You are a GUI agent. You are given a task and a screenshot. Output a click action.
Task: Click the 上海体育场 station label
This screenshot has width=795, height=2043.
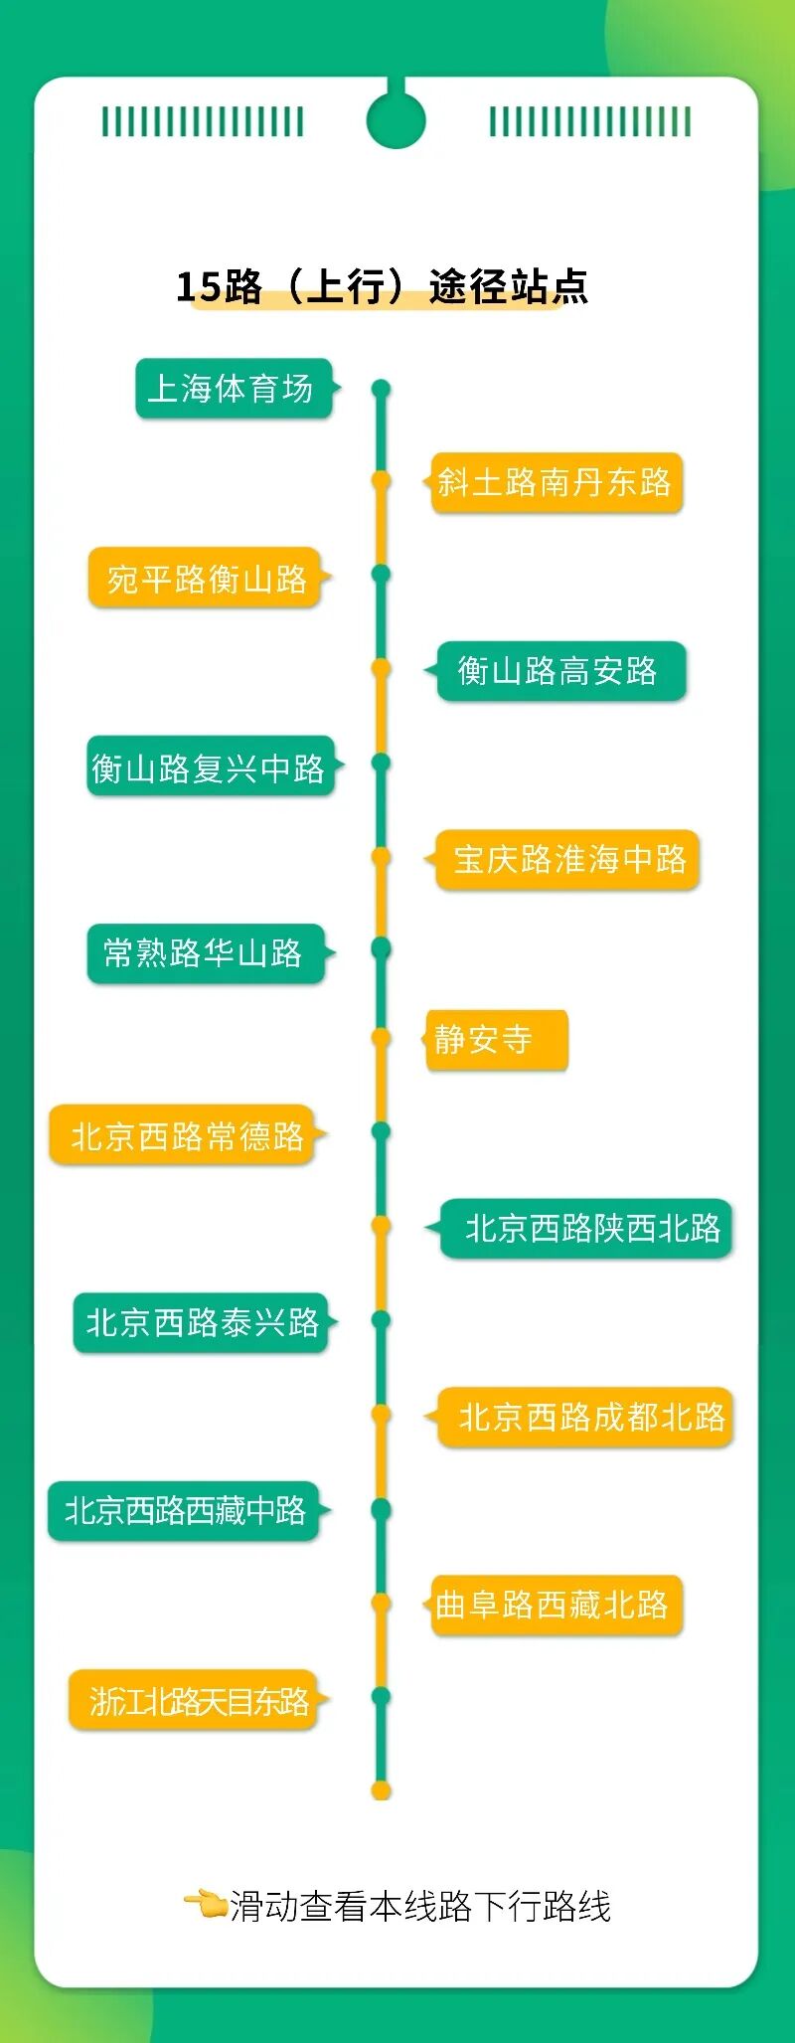(233, 388)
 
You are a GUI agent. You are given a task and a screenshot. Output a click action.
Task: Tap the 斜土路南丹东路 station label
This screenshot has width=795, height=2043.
(556, 482)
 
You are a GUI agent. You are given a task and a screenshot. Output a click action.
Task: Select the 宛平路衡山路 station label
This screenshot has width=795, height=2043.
(206, 577)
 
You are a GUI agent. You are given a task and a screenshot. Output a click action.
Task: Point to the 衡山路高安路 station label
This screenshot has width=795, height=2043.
(560, 671)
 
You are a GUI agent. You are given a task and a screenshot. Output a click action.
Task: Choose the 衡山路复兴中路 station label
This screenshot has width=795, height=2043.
(209, 766)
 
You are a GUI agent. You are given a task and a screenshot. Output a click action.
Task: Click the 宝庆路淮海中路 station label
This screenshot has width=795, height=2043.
(567, 859)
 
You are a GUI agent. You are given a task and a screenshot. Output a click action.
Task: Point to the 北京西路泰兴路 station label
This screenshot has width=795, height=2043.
(201, 1322)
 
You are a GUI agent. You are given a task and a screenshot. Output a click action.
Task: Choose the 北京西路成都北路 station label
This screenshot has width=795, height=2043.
(585, 1417)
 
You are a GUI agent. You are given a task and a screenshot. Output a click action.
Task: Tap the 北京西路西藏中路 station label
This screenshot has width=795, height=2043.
(184, 1511)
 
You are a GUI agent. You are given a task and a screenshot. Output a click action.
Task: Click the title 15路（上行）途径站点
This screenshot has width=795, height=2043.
(382, 286)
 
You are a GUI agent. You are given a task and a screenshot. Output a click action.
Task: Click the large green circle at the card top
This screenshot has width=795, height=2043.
(396, 119)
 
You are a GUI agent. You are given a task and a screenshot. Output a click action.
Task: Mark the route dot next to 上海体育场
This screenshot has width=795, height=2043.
(382, 388)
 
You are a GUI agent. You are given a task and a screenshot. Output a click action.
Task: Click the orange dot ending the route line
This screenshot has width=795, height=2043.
(381, 1790)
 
